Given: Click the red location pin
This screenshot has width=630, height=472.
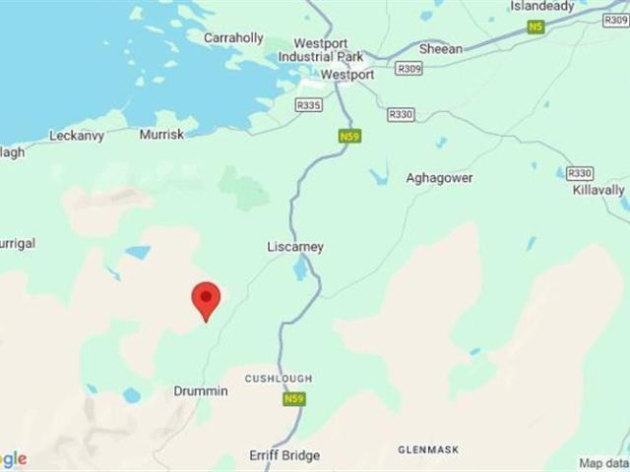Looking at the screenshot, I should click(x=206, y=299).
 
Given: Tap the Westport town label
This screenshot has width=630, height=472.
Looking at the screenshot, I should click(x=347, y=75).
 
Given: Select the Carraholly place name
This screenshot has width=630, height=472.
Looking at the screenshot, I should click(x=233, y=38).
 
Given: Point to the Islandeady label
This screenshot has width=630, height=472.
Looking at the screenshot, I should click(x=541, y=6).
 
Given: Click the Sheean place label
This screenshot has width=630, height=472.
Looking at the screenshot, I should click(x=440, y=47).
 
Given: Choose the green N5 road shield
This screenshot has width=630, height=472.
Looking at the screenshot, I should click(x=535, y=28).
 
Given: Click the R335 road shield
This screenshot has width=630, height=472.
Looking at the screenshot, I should click(x=309, y=103).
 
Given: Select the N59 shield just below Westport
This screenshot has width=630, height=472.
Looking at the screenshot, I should click(x=347, y=136).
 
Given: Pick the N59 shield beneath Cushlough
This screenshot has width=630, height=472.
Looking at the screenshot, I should click(x=294, y=399).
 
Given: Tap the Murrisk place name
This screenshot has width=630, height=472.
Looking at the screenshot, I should click(x=161, y=134).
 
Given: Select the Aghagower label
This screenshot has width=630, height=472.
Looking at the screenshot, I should click(x=439, y=178).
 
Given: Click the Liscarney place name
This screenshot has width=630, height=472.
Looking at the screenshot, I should click(x=295, y=247).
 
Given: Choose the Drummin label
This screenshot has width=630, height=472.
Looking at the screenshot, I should click(x=201, y=391).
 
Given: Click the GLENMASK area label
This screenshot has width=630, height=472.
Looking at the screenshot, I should click(x=428, y=449).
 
